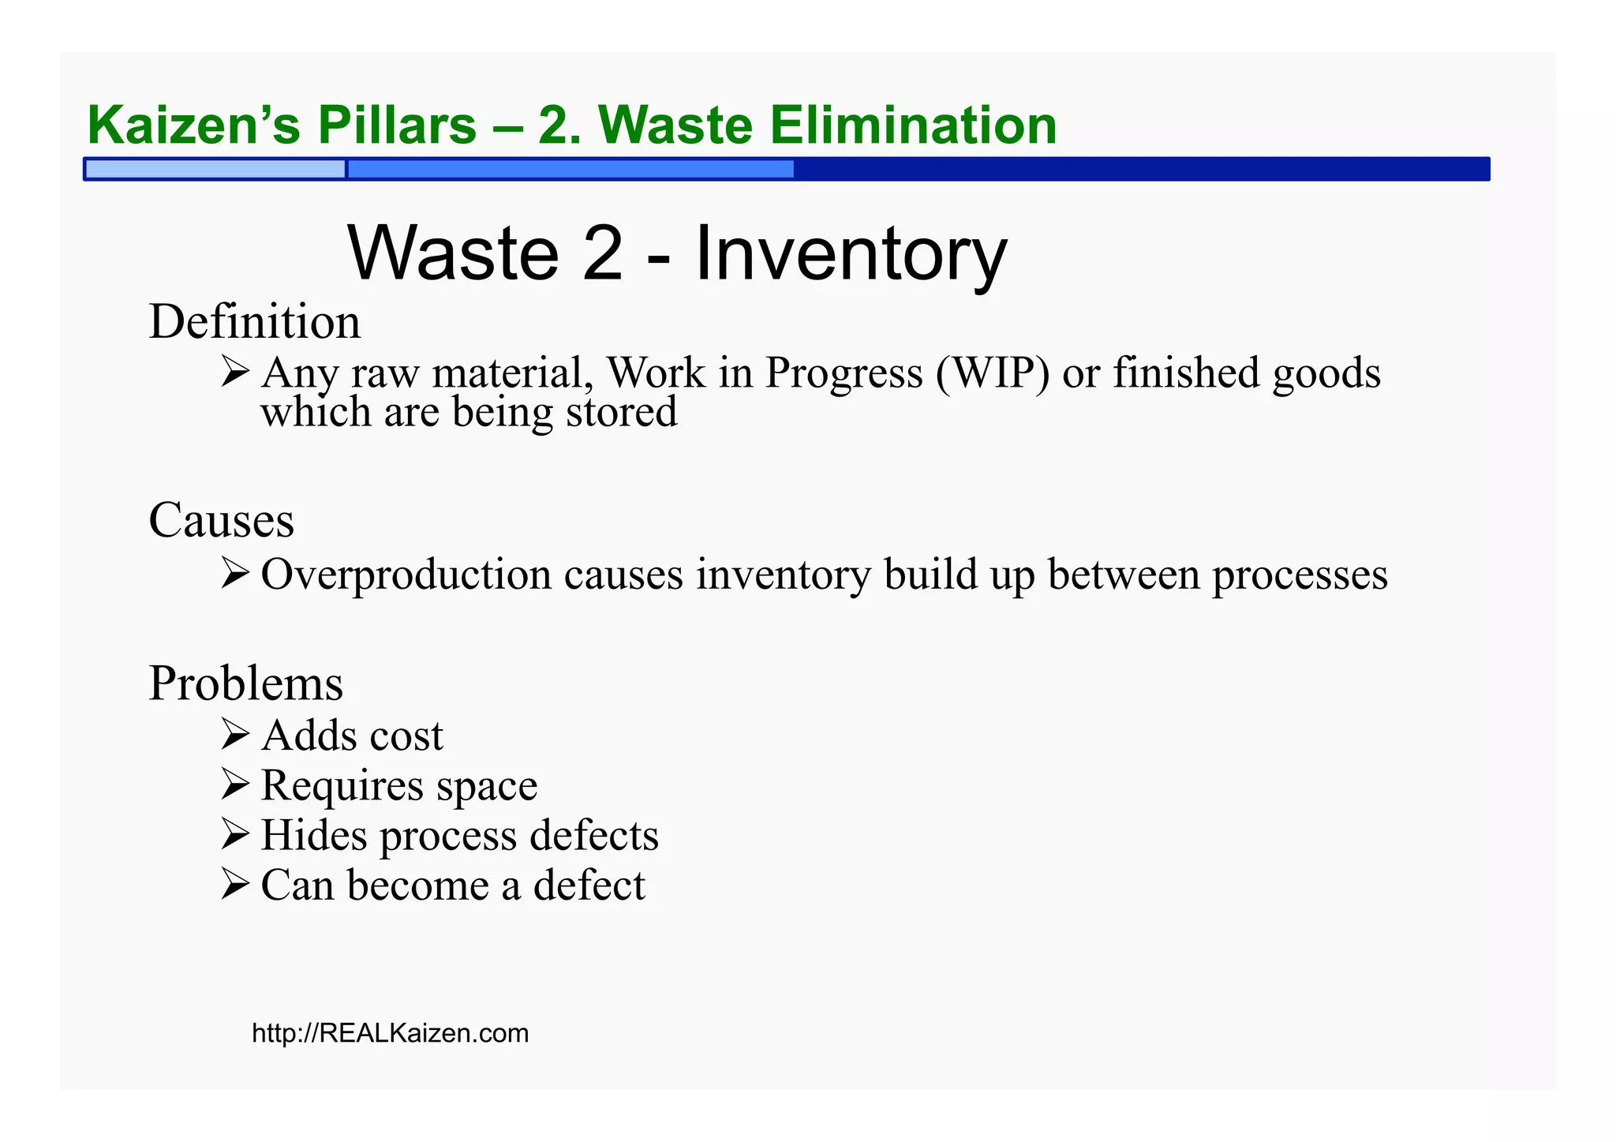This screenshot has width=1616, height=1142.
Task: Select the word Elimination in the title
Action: (913, 125)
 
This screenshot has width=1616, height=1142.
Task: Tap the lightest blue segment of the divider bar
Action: (215, 169)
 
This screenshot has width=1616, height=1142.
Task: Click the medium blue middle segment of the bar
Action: (570, 169)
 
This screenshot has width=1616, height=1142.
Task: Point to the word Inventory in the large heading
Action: (850, 253)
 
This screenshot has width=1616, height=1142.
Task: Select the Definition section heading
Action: (254, 322)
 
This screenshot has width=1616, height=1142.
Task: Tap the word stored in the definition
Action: (621, 412)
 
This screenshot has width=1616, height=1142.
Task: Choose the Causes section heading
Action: (221, 520)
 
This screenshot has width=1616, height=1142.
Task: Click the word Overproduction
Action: (406, 575)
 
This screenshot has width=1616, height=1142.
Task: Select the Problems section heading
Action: (245, 683)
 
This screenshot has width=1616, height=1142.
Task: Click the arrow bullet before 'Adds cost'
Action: (235, 734)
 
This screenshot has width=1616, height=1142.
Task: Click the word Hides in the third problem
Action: (313, 835)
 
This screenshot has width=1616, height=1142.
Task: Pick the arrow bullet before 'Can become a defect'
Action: (235, 884)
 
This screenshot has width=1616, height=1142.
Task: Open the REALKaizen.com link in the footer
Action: (390, 1033)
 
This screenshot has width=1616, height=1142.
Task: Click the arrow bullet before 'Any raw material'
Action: (235, 371)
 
